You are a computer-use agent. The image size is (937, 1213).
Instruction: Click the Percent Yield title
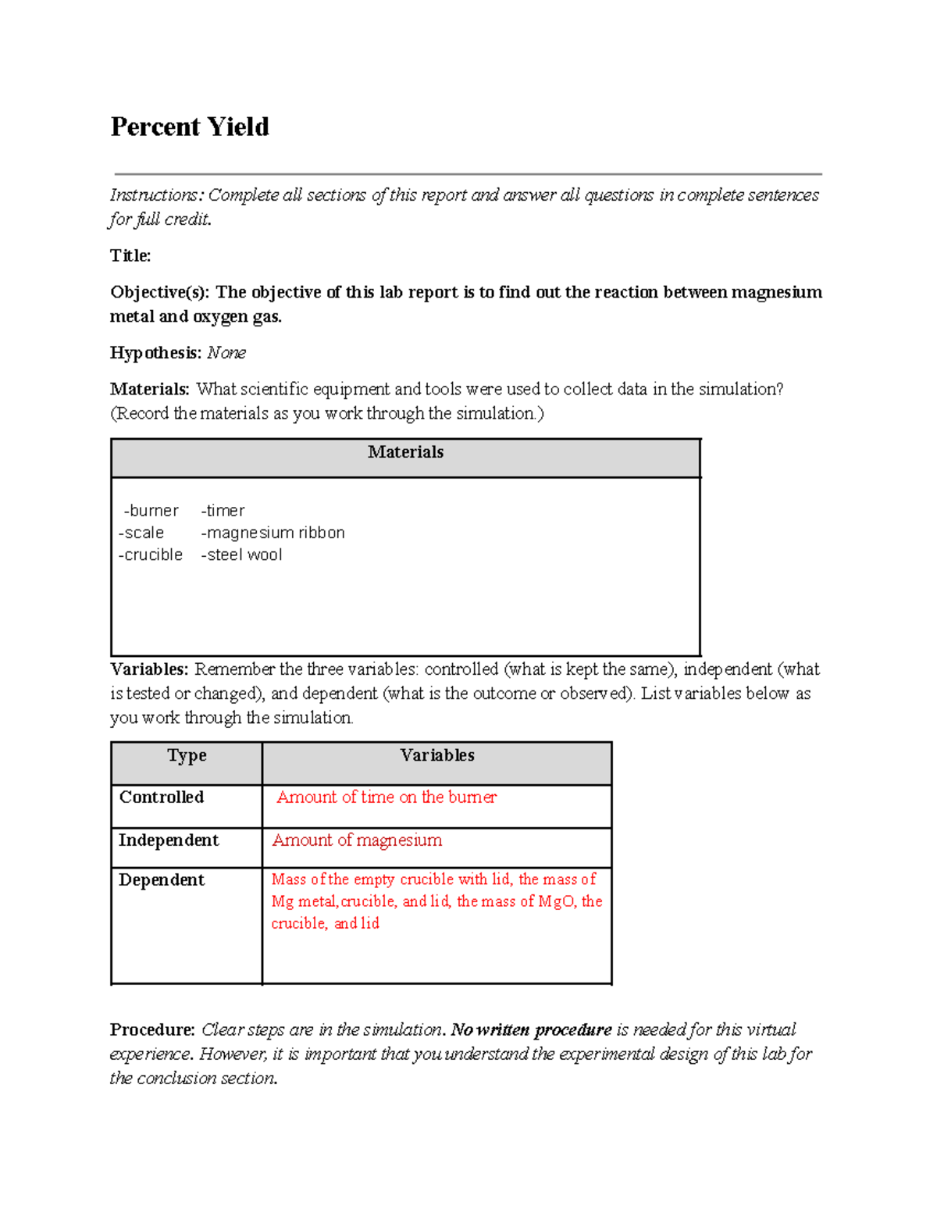coord(190,127)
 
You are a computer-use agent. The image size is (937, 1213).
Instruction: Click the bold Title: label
coord(130,255)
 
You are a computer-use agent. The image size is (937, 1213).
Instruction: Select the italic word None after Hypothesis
coord(226,353)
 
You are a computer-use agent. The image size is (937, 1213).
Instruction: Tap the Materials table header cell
coord(405,452)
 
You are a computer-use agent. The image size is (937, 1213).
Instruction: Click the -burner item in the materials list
coord(151,511)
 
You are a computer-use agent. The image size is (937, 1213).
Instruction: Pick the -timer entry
coord(223,511)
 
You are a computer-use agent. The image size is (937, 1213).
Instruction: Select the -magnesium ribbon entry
coord(273,533)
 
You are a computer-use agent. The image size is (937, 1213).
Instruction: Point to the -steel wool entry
coord(241,555)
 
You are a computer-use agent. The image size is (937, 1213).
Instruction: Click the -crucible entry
coord(151,555)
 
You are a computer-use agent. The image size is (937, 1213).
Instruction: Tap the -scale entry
coord(141,533)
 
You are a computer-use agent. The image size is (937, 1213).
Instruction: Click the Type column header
coord(187,755)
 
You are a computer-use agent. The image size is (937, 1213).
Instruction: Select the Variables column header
coord(437,755)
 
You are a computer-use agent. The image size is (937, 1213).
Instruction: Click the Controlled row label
coord(162,797)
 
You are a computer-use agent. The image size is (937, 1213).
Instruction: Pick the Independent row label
coord(169,840)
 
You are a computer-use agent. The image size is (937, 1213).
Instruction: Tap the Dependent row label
coord(162,879)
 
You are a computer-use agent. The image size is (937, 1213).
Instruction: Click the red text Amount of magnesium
coord(357,840)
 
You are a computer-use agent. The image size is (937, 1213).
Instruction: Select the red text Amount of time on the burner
coord(387,797)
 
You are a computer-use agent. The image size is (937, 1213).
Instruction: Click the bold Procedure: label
coord(152,1029)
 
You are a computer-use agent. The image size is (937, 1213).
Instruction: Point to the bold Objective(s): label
coord(159,292)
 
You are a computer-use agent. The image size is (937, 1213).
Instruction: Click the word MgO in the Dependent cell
coord(557,901)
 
